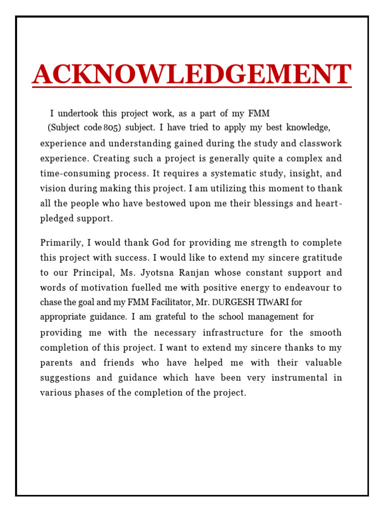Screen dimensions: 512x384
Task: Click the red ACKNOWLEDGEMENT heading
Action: click(192, 74)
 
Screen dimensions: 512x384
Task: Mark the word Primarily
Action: click(61, 243)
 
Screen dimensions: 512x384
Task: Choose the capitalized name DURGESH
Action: click(233, 302)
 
